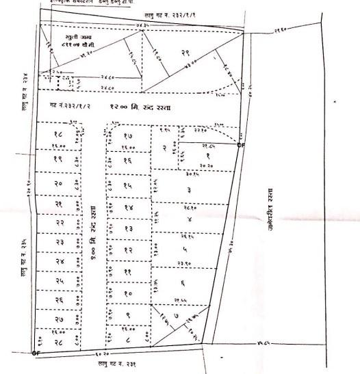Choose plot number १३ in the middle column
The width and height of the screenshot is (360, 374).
(128, 228)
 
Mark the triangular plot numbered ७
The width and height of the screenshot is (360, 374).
(177, 317)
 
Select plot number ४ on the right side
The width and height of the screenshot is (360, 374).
(188, 220)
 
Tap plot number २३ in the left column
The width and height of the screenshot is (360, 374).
(60, 243)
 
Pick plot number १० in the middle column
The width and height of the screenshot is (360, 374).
(128, 293)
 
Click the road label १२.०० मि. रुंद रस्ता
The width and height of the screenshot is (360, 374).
(142, 108)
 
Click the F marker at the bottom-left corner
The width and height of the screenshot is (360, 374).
(34, 353)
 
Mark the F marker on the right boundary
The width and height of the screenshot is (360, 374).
(239, 145)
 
